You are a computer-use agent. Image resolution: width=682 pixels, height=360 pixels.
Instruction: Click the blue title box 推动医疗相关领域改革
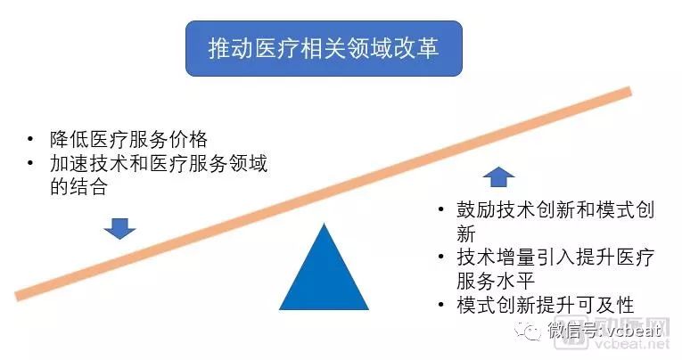pyautogui.click(x=324, y=48)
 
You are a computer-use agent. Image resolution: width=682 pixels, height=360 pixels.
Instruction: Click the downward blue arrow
pyautogui.click(x=119, y=228)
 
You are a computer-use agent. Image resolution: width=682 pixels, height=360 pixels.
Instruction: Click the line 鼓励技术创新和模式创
pyautogui.click(x=556, y=211)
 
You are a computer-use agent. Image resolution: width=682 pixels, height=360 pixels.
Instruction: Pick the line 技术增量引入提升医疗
pyautogui.click(x=556, y=258)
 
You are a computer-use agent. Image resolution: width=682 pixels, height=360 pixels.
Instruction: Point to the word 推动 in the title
pyautogui.click(x=228, y=48)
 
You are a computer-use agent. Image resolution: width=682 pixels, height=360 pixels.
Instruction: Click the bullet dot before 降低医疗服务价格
pyautogui.click(x=32, y=141)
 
